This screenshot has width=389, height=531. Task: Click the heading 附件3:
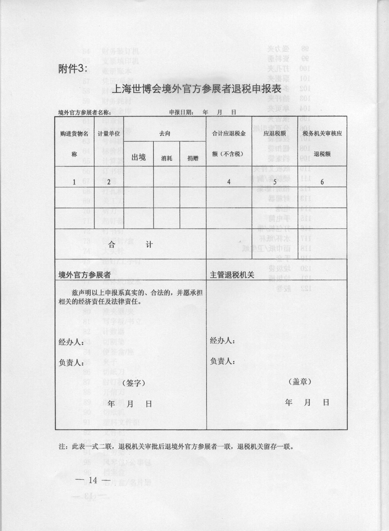pos(73,69)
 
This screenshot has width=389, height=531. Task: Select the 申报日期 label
pos(182,112)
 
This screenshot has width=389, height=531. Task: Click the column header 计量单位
pos(109,134)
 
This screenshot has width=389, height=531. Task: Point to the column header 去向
pos(165,134)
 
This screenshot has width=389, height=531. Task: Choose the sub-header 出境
pos(139,157)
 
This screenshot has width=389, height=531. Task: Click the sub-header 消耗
pos(167,158)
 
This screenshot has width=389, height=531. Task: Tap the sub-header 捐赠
pos(193,158)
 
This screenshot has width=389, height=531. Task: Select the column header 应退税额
pos(275,133)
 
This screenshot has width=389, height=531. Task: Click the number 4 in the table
pos(229,182)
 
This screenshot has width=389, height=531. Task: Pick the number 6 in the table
pos(322,182)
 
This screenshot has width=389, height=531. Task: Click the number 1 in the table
pos(74,182)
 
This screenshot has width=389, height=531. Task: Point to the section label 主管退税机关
pos(232,275)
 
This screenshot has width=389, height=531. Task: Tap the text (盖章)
pos(300,381)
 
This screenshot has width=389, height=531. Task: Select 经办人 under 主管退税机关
pos(222,341)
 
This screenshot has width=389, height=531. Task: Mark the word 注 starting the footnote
pos(62,447)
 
